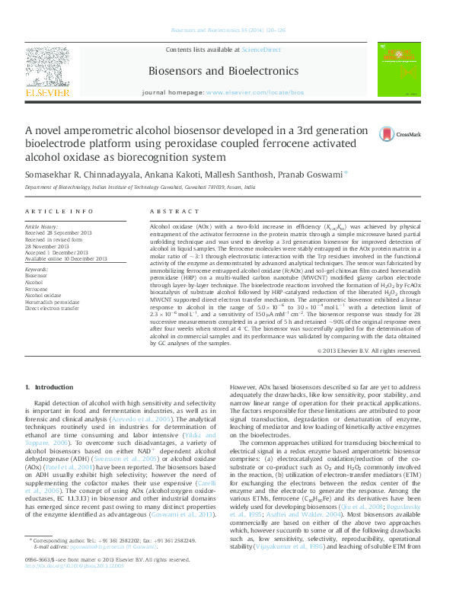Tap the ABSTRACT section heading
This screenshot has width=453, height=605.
tap(168, 210)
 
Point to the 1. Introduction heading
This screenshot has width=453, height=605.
tap(49, 388)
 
